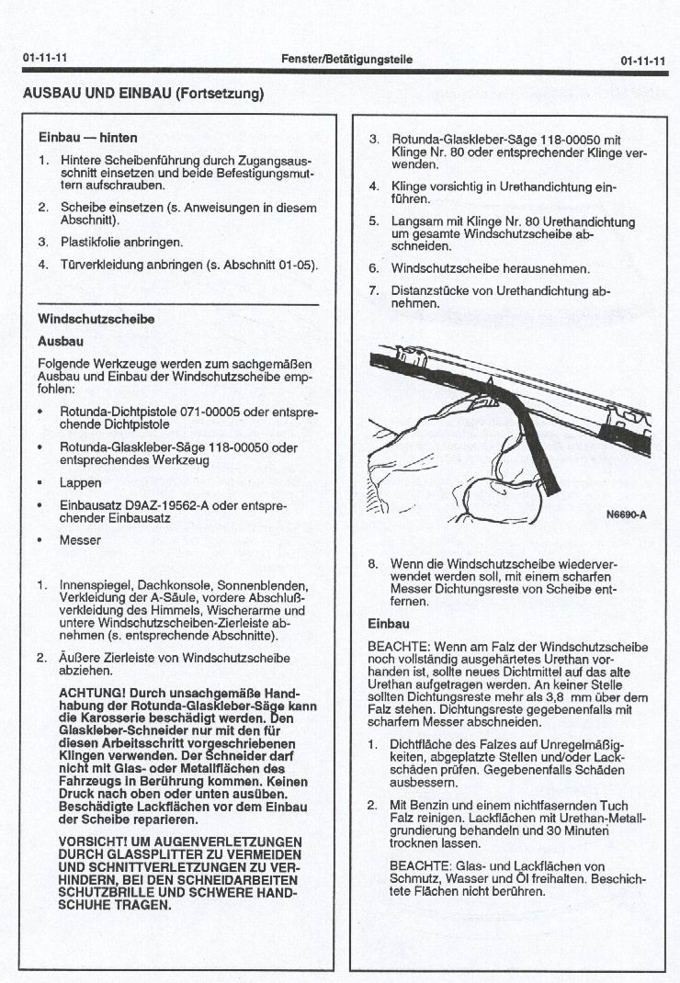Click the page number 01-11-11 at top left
click(x=45, y=59)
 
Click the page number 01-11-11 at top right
click(x=642, y=61)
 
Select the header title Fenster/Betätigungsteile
click(x=346, y=60)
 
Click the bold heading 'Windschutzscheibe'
click(x=96, y=319)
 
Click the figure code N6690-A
click(x=626, y=514)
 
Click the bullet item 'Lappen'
click(x=80, y=482)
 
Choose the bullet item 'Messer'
click(x=80, y=540)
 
